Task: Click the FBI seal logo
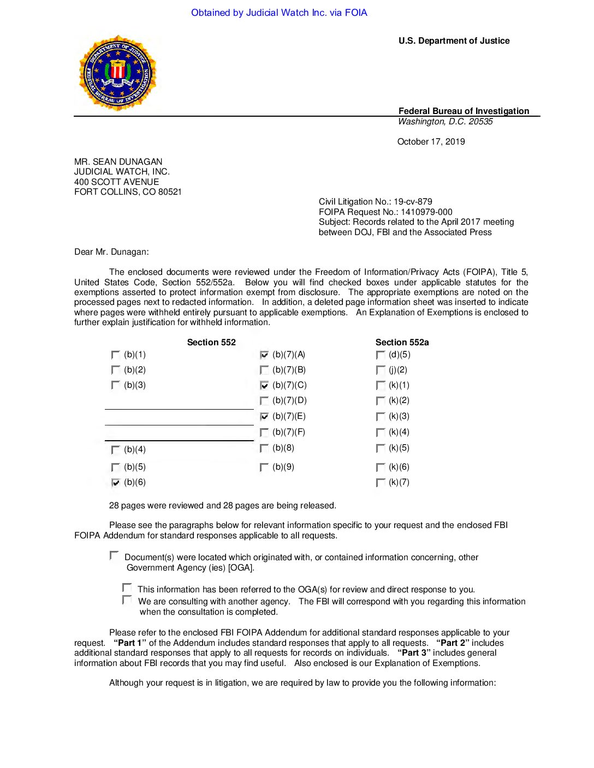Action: point(117,74)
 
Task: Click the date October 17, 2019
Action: point(431,142)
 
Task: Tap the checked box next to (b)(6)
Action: point(115,483)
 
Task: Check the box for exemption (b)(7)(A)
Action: point(264,355)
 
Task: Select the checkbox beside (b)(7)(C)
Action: point(264,386)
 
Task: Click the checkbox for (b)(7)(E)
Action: point(264,417)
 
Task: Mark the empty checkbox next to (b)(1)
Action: point(115,355)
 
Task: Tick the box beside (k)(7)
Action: point(381,483)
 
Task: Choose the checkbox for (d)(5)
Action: point(381,355)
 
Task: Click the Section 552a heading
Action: point(402,343)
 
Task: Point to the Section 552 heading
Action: point(211,343)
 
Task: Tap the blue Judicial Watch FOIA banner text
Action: point(279,13)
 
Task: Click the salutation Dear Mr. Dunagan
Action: point(111,252)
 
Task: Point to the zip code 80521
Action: point(170,192)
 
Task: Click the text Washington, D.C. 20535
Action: point(445,122)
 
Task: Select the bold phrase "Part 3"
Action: point(414,653)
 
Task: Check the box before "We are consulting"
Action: point(127,600)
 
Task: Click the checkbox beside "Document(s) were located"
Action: point(114,555)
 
